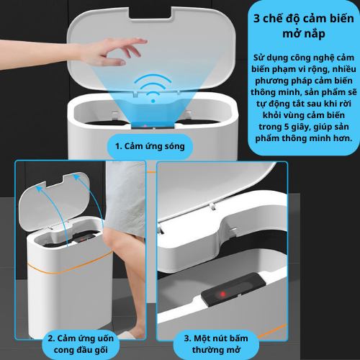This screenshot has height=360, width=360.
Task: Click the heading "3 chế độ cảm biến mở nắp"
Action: click(304, 26)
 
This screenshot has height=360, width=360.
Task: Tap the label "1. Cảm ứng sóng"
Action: click(150, 146)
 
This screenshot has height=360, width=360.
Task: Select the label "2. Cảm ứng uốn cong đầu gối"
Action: click(81, 344)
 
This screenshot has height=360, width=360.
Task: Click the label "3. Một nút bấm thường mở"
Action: click(216, 344)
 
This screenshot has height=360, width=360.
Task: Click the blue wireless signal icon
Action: click(153, 88)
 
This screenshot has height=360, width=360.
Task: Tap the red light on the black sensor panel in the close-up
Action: click(223, 294)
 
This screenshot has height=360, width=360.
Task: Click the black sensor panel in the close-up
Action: click(233, 290)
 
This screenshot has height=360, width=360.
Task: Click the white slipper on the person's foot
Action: click(128, 335)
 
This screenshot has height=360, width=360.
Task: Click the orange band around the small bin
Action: click(70, 266)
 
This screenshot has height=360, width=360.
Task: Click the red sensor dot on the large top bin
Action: click(145, 126)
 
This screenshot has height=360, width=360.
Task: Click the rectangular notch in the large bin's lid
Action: click(150, 14)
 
